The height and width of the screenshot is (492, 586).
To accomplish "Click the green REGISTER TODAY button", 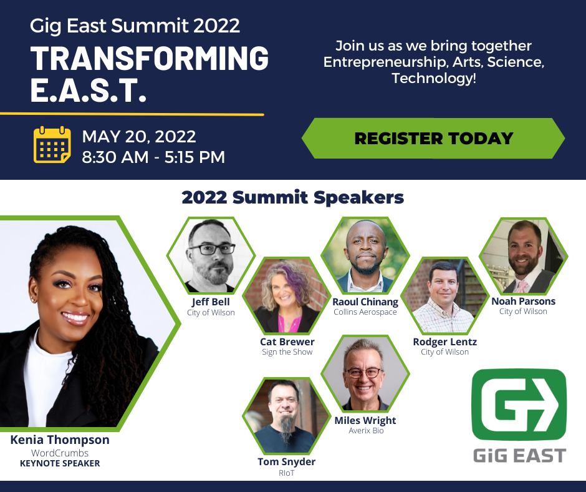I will click(x=433, y=138).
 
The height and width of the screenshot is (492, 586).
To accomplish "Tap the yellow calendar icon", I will click(x=52, y=145).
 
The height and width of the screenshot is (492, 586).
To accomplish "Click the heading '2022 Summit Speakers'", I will click(x=293, y=198).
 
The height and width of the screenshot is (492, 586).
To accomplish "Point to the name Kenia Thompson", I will click(x=60, y=440).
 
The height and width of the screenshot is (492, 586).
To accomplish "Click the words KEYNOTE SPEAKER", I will click(x=60, y=463).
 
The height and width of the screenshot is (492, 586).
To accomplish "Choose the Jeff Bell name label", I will click(x=211, y=302).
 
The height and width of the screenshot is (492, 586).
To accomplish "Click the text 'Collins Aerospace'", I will click(x=365, y=312).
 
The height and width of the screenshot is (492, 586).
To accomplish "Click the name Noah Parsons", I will click(x=523, y=301).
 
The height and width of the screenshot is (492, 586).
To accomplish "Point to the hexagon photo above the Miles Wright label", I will click(x=365, y=375).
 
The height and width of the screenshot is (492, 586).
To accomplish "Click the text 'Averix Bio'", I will click(x=365, y=431).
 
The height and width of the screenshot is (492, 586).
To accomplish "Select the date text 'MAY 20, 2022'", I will click(x=139, y=136).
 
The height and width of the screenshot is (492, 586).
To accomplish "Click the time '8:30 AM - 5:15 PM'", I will click(x=153, y=157).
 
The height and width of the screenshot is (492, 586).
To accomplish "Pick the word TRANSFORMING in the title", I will click(x=150, y=59).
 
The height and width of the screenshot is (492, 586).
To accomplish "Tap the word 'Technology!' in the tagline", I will click(x=434, y=79).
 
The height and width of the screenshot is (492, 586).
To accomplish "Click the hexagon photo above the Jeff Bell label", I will click(x=211, y=255).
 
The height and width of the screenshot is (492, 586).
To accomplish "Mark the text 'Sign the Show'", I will click(x=287, y=352).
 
